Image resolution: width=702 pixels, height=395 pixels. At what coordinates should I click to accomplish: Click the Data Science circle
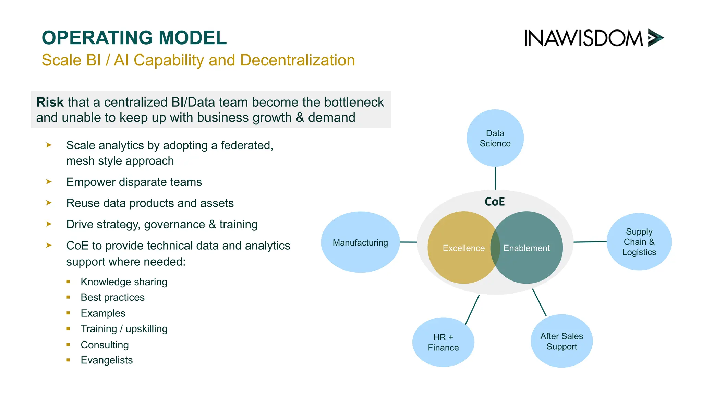click(495, 138)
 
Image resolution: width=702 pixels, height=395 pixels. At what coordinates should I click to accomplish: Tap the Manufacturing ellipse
click(360, 242)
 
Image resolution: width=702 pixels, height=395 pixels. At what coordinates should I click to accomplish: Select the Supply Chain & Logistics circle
click(639, 242)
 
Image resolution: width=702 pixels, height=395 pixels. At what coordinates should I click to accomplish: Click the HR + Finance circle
click(443, 342)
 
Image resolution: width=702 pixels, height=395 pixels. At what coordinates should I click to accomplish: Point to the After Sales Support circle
click(561, 341)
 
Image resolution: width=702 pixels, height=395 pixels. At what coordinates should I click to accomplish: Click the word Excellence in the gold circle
click(463, 248)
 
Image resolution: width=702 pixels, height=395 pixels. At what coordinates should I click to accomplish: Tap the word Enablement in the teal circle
click(526, 248)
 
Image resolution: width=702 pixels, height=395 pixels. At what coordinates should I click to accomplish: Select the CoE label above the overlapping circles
click(495, 202)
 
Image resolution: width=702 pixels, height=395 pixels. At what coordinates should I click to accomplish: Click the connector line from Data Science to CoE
click(495, 178)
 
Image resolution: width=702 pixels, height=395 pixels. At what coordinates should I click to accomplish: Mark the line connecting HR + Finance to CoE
click(472, 309)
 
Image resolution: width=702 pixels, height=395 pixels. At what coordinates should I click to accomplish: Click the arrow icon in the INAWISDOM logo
click(655, 38)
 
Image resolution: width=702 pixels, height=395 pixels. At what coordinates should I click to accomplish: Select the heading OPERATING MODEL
click(134, 38)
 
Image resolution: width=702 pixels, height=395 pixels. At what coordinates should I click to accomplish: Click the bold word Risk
click(50, 102)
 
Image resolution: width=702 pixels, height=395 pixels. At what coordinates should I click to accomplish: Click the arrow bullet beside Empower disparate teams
click(49, 182)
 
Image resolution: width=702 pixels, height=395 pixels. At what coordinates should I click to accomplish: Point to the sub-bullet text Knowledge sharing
click(124, 282)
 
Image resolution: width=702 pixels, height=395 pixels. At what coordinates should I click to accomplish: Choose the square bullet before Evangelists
click(68, 360)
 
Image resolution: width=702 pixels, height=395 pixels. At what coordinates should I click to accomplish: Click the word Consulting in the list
click(105, 345)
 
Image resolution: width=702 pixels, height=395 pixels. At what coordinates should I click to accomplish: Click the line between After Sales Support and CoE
click(539, 302)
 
